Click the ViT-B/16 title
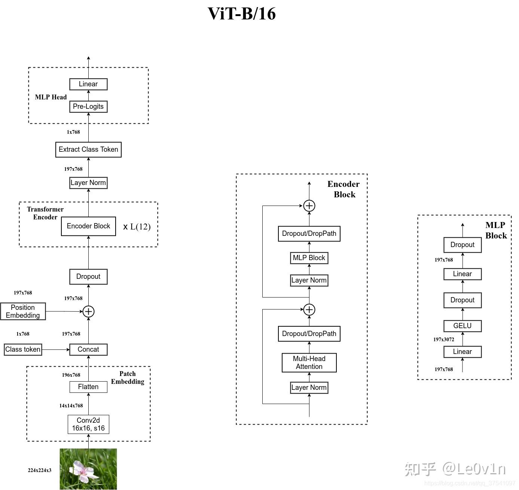(242, 14)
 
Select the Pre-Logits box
(88, 107)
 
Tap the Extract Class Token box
(88, 150)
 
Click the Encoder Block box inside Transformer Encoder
(88, 226)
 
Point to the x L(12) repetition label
(137, 226)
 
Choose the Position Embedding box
(23, 311)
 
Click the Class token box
(23, 349)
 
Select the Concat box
(88, 349)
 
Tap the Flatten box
(88, 387)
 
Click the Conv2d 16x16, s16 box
(88, 424)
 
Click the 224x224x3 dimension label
(40, 470)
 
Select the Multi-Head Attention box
(309, 363)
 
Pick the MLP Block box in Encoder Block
(309, 258)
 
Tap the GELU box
(462, 326)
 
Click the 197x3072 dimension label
(444, 339)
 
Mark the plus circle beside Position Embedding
(88, 311)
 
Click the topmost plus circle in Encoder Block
(309, 206)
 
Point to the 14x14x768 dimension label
(71, 406)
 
